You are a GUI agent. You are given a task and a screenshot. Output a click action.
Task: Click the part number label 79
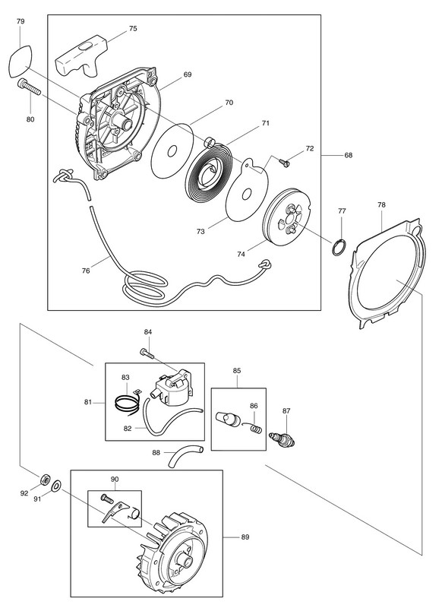tap(21, 21)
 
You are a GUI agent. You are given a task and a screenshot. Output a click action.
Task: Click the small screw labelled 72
tap(286, 163)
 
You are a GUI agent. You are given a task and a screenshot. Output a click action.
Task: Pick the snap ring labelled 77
tap(339, 248)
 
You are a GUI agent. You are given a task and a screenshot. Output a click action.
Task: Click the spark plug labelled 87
tap(282, 440)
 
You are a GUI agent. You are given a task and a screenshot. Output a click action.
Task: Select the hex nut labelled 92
tap(45, 480)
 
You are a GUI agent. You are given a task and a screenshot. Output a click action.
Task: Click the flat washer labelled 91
tap(57, 484)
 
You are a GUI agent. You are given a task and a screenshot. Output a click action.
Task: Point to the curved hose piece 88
tap(185, 457)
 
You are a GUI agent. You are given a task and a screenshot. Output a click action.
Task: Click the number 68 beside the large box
tap(349, 155)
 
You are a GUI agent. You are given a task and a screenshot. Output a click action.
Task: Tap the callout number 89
tap(245, 537)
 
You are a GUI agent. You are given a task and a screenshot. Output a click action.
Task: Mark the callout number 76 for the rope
tap(86, 271)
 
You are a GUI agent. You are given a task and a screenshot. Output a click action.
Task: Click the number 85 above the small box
tap(237, 371)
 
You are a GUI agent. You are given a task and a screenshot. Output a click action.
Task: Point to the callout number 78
tap(381, 204)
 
